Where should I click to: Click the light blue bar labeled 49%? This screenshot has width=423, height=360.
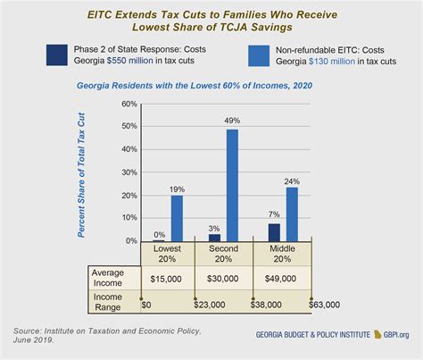(x=232, y=185)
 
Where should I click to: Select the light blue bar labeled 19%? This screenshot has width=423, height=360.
(x=178, y=219)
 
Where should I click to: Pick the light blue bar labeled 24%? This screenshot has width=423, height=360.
(x=292, y=213)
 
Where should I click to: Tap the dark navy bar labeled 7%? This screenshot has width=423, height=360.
(x=274, y=232)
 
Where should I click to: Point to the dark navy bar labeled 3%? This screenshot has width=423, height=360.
(x=214, y=238)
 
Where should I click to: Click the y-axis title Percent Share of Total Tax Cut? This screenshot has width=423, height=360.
(x=81, y=173)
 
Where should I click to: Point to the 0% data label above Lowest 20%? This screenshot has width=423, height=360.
(x=159, y=235)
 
